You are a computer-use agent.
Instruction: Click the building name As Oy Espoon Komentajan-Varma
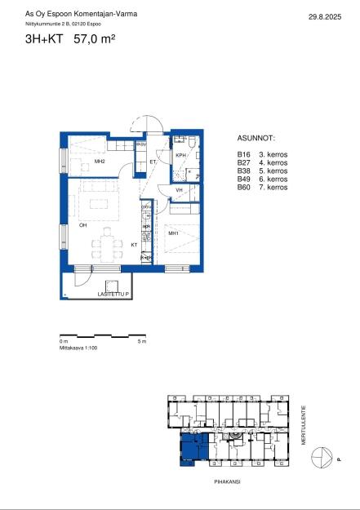click(70, 15)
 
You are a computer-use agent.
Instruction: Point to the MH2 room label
click(99, 162)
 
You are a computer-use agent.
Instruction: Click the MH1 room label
click(173, 233)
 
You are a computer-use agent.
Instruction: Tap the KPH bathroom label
click(181, 155)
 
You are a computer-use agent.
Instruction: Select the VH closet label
click(179, 190)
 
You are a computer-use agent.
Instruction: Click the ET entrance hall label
click(153, 162)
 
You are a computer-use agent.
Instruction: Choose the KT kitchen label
click(134, 244)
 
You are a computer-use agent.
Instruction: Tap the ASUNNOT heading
click(256, 140)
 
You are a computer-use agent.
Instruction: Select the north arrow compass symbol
click(324, 459)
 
